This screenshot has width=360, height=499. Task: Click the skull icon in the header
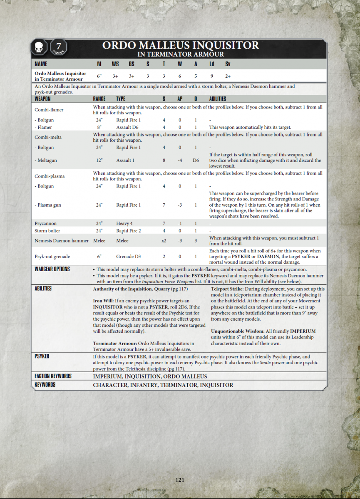pos(40,47)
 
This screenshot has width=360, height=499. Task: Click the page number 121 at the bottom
pos(180,479)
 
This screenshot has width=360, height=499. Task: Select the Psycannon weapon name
pos(45,223)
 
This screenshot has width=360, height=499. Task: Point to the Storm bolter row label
pos(47,231)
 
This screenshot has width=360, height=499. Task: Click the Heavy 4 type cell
pos(124,223)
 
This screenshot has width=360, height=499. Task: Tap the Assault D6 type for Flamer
pos(127,128)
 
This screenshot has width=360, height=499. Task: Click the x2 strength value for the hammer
pos(164,241)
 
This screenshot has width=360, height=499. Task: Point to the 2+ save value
pos(228,77)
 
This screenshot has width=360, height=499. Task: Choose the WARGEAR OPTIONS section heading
pos(52,269)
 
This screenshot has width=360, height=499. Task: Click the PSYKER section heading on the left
pos(42,356)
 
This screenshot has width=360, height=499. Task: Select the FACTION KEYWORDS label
pos(53,376)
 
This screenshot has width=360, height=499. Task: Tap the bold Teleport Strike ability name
pos(227,289)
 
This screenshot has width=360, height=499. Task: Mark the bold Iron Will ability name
pos(103,301)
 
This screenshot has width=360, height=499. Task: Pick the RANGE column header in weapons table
pos(99,99)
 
